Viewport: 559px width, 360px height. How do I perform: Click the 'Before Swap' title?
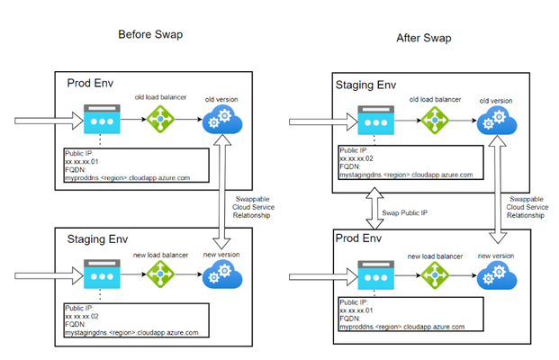coord(150,34)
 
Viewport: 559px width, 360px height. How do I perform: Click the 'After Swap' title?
coord(424,38)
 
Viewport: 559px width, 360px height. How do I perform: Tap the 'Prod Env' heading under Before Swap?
coord(90,84)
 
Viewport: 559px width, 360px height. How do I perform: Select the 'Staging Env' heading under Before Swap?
coord(97,239)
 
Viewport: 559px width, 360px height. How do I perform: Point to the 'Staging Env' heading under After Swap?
coord(365,85)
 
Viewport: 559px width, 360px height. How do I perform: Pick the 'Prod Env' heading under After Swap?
coord(358,238)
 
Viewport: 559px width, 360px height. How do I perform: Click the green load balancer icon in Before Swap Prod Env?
coord(160,119)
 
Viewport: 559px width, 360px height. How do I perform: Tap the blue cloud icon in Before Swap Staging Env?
coord(222,274)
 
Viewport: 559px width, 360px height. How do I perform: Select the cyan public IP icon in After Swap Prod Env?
coord(375,275)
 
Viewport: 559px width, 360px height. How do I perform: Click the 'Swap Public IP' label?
coord(405,213)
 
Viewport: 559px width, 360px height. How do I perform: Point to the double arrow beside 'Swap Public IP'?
coord(374,209)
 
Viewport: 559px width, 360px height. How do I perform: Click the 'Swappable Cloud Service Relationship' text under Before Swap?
coord(253,207)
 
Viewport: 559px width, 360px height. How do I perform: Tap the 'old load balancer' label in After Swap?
coord(435,100)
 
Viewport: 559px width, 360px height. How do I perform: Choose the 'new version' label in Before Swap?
coord(221,255)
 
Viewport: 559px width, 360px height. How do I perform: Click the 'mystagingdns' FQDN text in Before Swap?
coord(131,333)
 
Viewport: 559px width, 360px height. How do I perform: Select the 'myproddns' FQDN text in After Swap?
coord(401,327)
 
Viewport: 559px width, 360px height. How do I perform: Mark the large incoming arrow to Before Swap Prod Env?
coord(49,121)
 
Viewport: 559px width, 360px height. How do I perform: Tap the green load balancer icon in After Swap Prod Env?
coord(435,275)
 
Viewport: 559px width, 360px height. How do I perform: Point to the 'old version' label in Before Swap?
coord(221,100)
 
